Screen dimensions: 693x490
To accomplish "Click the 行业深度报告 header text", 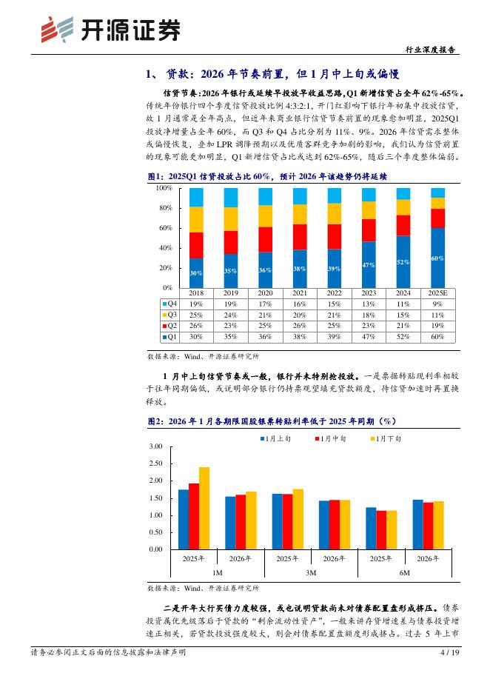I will [x=432, y=50].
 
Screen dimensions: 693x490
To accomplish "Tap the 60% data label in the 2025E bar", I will [x=437, y=258].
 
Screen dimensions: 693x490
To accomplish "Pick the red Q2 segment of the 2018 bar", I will [x=196, y=245].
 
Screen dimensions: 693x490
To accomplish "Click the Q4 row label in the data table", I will [x=169, y=304].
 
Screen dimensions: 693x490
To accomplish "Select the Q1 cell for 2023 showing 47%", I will [x=368, y=336].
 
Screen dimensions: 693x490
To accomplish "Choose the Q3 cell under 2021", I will [x=299, y=315].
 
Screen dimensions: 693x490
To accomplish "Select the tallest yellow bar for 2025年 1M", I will [x=204, y=508].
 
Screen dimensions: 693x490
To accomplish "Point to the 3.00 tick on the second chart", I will [x=155, y=446].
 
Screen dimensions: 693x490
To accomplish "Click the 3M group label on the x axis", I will [x=310, y=572].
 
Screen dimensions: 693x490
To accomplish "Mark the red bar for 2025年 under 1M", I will [x=194, y=516].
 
